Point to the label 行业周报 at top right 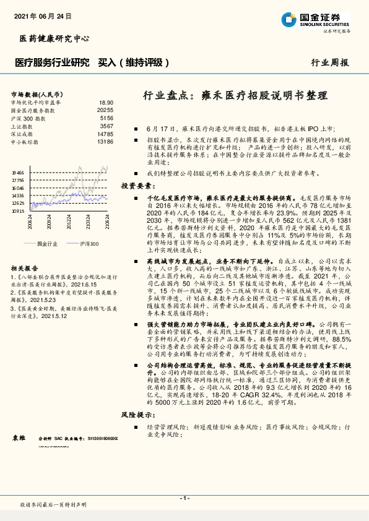point(329,62)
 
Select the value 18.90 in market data point(106,102)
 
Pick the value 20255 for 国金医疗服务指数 point(105,110)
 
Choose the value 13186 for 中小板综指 point(105,142)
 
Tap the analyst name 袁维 point(19,437)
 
